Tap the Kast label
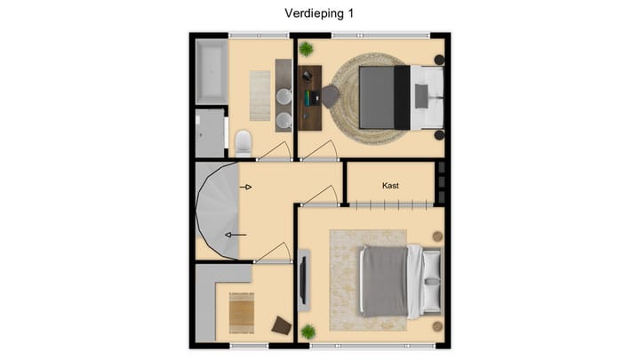390,186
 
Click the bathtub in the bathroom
211,71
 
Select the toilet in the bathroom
243,141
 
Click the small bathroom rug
260,94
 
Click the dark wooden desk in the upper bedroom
308,98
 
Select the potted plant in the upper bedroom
306,49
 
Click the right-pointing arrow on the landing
247,187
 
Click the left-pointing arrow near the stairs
236,235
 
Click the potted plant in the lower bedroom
308,332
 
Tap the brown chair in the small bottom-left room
282,325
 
